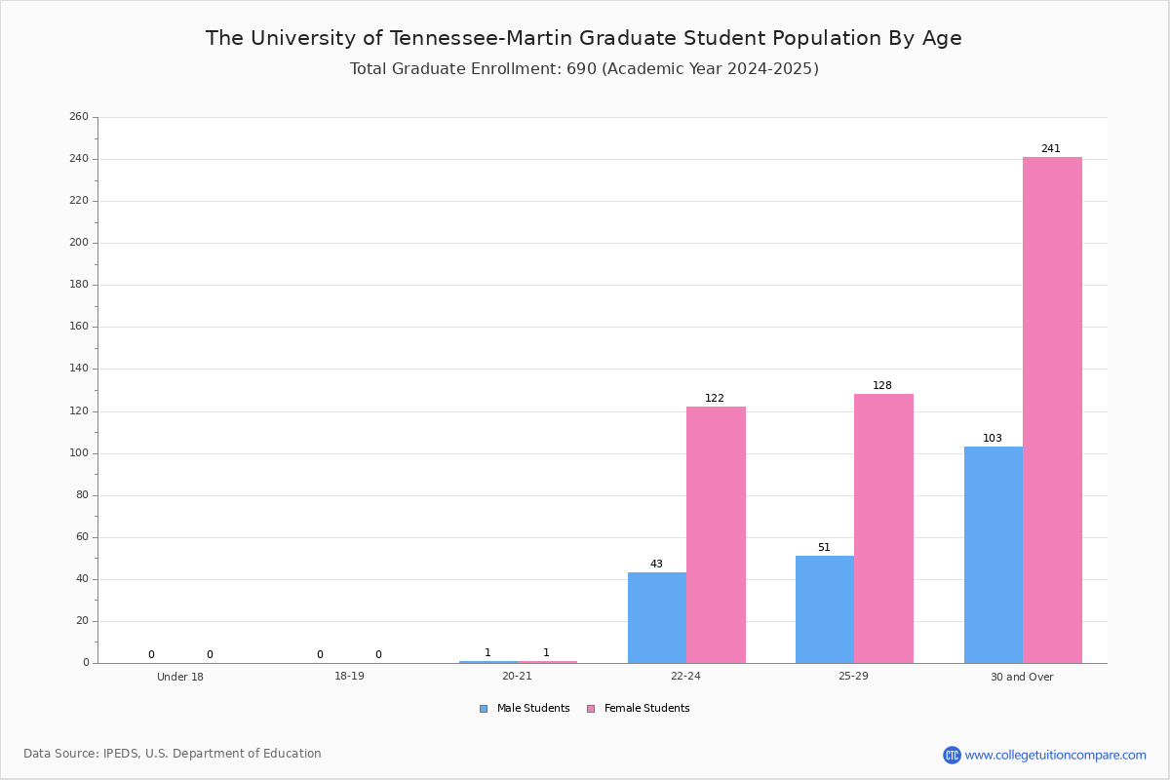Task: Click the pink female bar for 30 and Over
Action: pyautogui.click(x=1052, y=410)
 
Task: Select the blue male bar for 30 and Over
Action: pyautogui.click(x=994, y=555)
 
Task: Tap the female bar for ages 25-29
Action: pyautogui.click(x=883, y=528)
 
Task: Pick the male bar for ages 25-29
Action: pyautogui.click(x=825, y=609)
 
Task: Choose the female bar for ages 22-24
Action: pyautogui.click(x=716, y=535)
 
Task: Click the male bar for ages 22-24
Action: pyautogui.click(x=657, y=618)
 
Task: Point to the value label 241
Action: pyautogui.click(x=1051, y=149)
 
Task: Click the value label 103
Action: pyautogui.click(x=993, y=439)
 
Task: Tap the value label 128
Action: pyautogui.click(x=882, y=385)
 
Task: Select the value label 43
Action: pyautogui.click(x=656, y=565)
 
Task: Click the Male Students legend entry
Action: pyautogui.click(x=525, y=709)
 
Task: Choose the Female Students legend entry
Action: pyautogui.click(x=639, y=709)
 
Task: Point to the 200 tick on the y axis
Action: pyautogui.click(x=79, y=243)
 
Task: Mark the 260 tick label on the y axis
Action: pyautogui.click(x=79, y=116)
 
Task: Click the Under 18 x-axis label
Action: pyautogui.click(x=180, y=677)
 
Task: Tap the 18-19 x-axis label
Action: pyautogui.click(x=349, y=676)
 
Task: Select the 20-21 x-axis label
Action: pyautogui.click(x=517, y=676)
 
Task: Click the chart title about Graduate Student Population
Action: pyautogui.click(x=583, y=38)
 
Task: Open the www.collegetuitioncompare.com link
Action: pyautogui.click(x=1055, y=755)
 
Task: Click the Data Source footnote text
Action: pyautogui.click(x=173, y=754)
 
